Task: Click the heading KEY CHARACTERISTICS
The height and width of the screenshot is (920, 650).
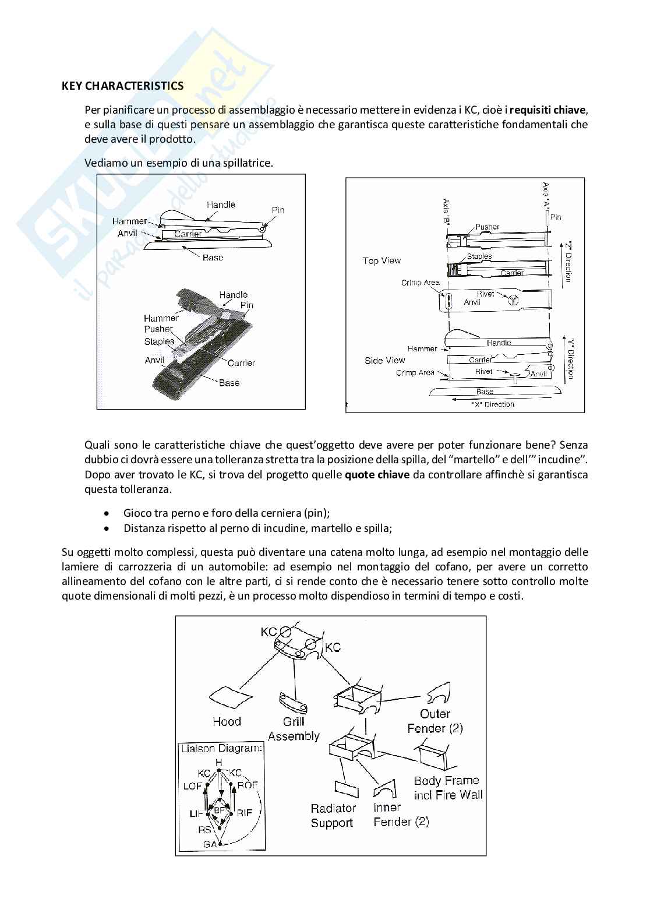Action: coord(122,86)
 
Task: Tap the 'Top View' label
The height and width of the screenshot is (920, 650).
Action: coord(381,260)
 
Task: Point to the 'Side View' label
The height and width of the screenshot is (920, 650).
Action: coord(384,361)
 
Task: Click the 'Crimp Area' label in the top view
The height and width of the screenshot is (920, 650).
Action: coord(420,283)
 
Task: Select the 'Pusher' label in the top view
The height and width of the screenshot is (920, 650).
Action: coord(487,227)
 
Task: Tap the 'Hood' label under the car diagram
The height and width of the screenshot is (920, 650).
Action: coord(227,721)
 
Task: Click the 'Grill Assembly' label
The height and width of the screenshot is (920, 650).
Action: coord(294,729)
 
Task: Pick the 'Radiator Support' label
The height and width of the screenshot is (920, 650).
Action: coord(333,815)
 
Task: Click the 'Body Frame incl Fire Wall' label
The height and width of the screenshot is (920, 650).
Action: coord(448,787)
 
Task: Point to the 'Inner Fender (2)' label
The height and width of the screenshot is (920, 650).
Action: coord(401,815)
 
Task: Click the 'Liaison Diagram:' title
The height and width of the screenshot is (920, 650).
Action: coord(221,748)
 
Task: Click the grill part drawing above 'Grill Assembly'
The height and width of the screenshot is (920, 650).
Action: coord(293,703)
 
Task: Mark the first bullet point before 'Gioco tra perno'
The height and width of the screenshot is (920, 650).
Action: coord(105,513)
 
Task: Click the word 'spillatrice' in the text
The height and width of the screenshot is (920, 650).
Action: coord(247,163)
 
